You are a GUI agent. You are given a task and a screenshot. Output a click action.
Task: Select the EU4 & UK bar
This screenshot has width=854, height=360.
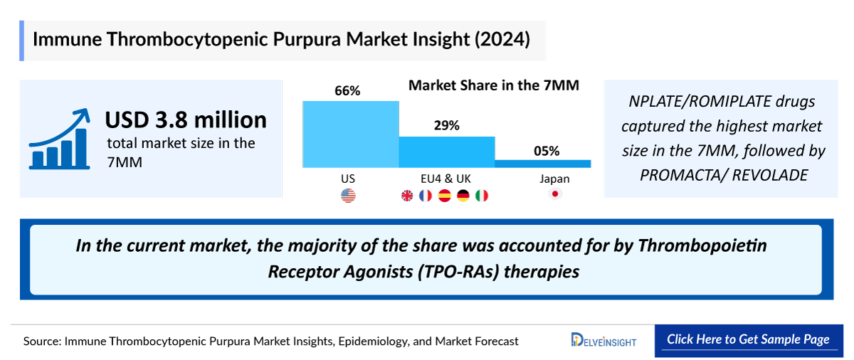(x=446, y=152)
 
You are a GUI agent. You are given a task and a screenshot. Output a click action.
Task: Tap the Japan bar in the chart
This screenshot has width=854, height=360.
(x=542, y=164)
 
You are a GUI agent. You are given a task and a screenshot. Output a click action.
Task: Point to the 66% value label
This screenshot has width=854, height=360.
(x=348, y=90)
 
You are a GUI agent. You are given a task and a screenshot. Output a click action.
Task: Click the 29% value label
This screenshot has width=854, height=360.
(x=446, y=125)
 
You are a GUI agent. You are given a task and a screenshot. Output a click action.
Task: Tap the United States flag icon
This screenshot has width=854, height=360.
(x=348, y=196)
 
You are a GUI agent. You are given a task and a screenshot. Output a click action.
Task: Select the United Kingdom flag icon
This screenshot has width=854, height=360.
(x=407, y=196)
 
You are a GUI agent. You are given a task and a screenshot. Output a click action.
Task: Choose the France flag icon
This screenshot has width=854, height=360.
(x=426, y=196)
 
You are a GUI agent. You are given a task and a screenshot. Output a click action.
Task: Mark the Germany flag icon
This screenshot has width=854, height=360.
(x=463, y=196)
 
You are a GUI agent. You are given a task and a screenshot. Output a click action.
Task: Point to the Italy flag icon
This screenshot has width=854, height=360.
(x=482, y=196)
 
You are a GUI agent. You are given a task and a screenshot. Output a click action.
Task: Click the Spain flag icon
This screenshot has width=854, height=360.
(x=445, y=196)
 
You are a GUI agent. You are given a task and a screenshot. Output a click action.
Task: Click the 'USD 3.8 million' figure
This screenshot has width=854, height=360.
(x=186, y=120)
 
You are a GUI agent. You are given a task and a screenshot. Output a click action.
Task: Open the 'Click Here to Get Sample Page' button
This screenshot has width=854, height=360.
(x=748, y=339)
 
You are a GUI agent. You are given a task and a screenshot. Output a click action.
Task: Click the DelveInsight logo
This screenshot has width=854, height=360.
(x=603, y=340)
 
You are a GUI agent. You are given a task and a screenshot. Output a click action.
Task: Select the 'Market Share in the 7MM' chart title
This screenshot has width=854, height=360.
(x=493, y=85)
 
